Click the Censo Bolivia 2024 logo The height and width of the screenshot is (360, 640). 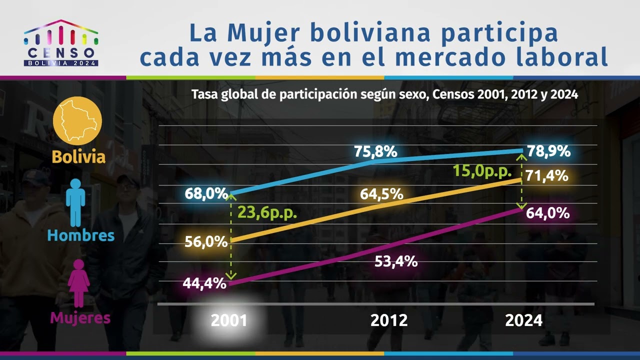point(61,43)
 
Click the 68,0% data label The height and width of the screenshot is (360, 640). point(206,193)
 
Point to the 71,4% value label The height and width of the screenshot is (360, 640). point(546,175)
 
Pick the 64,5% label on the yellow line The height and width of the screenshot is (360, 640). point(381,194)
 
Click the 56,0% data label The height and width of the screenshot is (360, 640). point(206,241)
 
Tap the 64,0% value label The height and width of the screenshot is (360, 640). point(548,213)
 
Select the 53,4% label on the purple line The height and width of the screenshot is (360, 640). point(396,261)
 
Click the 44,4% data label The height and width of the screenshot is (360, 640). point(204,283)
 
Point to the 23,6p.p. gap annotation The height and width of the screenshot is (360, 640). point(267,213)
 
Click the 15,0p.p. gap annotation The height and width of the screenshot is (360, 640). point(482,171)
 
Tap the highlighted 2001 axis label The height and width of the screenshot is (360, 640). point(229,320)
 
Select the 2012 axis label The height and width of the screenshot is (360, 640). point(389,320)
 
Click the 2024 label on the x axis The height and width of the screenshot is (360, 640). point(523,320)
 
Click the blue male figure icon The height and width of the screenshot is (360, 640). point(75,202)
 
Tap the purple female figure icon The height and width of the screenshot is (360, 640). point(79,283)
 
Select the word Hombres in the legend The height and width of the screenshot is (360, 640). point(81,235)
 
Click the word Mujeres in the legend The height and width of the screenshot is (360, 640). point(80,317)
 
